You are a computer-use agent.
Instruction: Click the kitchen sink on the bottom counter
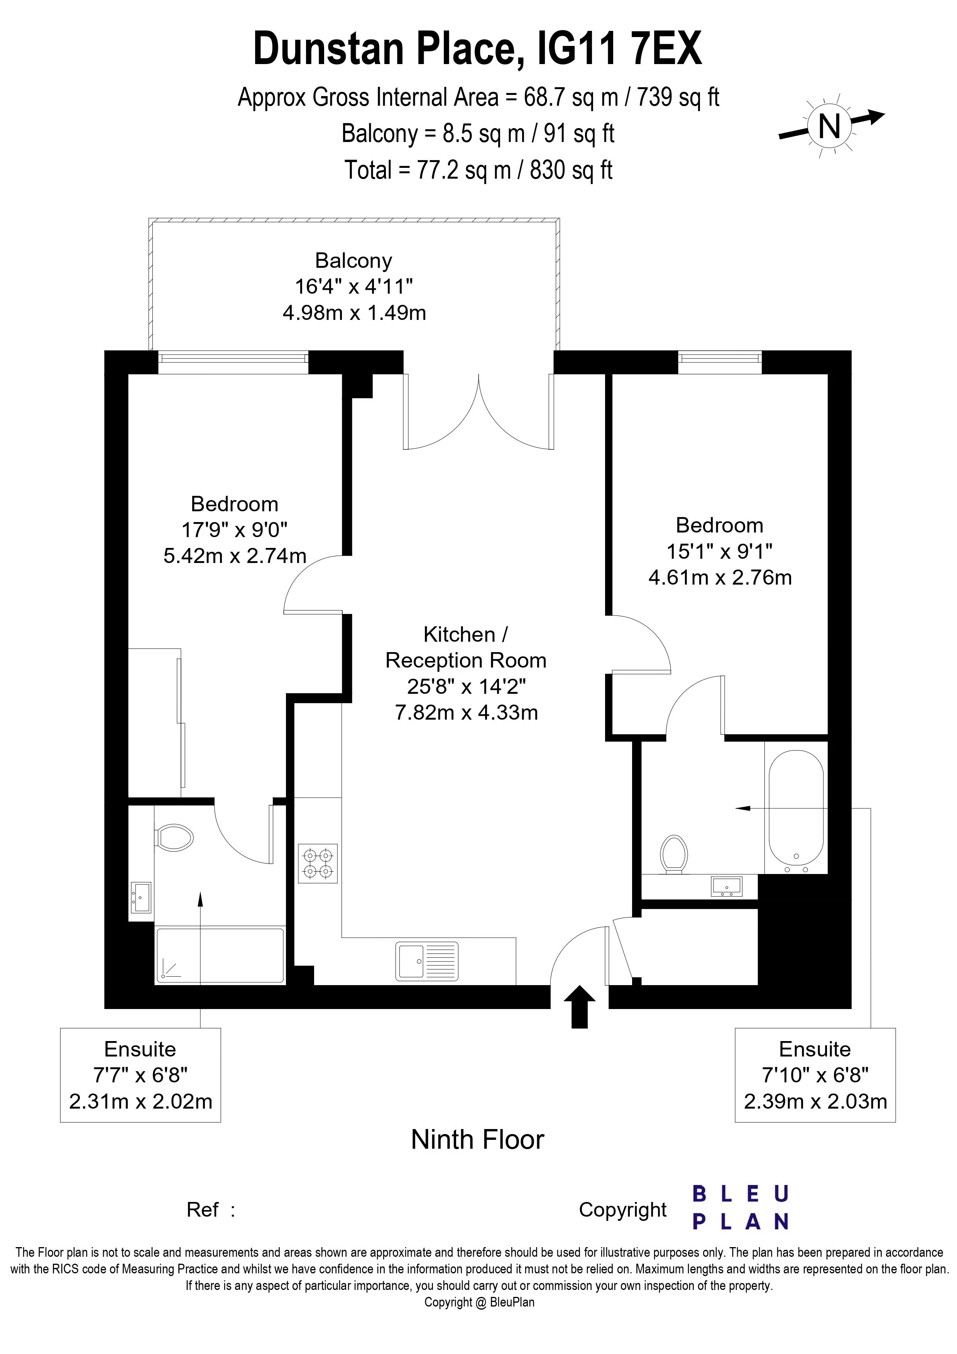(x=427, y=961)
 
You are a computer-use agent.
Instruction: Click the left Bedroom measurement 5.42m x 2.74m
(x=235, y=556)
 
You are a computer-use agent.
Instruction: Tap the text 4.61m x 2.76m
(x=720, y=577)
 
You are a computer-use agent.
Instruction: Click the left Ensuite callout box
(x=140, y=1075)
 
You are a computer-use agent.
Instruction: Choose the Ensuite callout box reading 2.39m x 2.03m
(x=815, y=1075)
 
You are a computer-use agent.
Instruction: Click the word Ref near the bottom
(x=202, y=1210)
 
